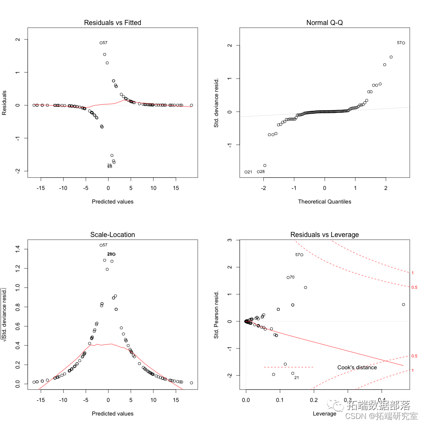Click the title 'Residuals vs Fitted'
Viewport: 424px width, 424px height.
click(112, 22)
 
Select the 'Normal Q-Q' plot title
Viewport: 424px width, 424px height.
click(324, 22)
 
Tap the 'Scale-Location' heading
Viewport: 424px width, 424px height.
click(112, 234)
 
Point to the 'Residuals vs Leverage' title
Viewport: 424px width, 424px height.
click(324, 234)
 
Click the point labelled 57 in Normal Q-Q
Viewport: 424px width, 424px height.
click(403, 43)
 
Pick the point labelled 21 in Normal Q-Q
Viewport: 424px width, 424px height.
click(246, 172)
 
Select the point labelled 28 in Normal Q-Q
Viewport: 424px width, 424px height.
click(258, 172)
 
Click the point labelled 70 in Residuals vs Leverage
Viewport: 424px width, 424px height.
click(288, 277)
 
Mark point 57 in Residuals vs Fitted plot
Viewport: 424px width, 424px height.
click(101, 43)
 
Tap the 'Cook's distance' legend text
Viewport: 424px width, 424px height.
click(357, 367)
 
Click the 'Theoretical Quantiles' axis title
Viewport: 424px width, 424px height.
click(324, 201)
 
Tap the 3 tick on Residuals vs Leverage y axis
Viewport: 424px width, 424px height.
click(229, 240)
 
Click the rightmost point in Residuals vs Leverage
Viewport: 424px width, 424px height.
click(403, 304)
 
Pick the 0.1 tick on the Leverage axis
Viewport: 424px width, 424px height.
click(280, 400)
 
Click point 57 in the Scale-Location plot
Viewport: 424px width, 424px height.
click(101, 245)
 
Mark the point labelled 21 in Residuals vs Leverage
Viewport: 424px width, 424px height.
click(293, 373)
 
